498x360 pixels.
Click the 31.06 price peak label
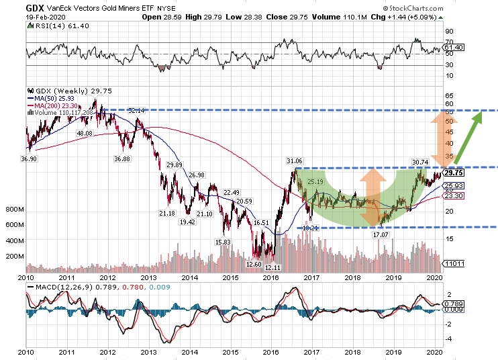coord(295,161)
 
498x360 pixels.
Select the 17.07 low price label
coord(381,234)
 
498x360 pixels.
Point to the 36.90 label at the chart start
coord(28,159)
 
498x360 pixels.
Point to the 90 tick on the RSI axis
coord(448,31)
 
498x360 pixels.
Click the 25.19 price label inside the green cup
coord(315,181)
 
